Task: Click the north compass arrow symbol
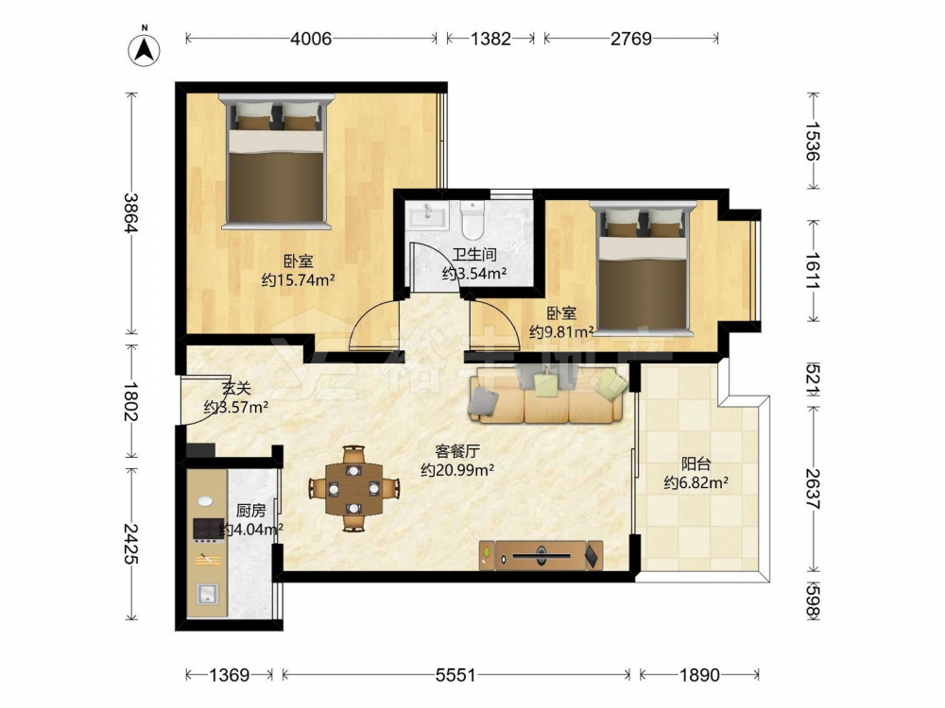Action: pyautogui.click(x=144, y=49)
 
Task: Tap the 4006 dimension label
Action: pyautogui.click(x=311, y=39)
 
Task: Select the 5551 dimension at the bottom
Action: pyautogui.click(x=455, y=675)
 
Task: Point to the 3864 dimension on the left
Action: pyautogui.click(x=130, y=212)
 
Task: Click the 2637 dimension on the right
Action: pyautogui.click(x=813, y=488)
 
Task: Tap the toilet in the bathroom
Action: pyautogui.click(x=472, y=219)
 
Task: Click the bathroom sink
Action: pyautogui.click(x=427, y=215)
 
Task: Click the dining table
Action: pyautogui.click(x=353, y=488)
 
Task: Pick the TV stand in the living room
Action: pyautogui.click(x=541, y=555)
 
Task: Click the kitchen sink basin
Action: pyautogui.click(x=208, y=595)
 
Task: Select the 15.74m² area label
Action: pyautogui.click(x=299, y=280)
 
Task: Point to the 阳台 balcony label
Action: pyautogui.click(x=696, y=464)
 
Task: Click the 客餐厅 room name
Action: pyautogui.click(x=457, y=451)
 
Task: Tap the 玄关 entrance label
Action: pyautogui.click(x=235, y=389)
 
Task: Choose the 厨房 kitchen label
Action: pyautogui.click(x=250, y=511)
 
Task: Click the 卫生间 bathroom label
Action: pyautogui.click(x=474, y=255)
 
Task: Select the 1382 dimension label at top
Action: pyautogui.click(x=490, y=39)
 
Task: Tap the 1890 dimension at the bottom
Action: pyautogui.click(x=699, y=675)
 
